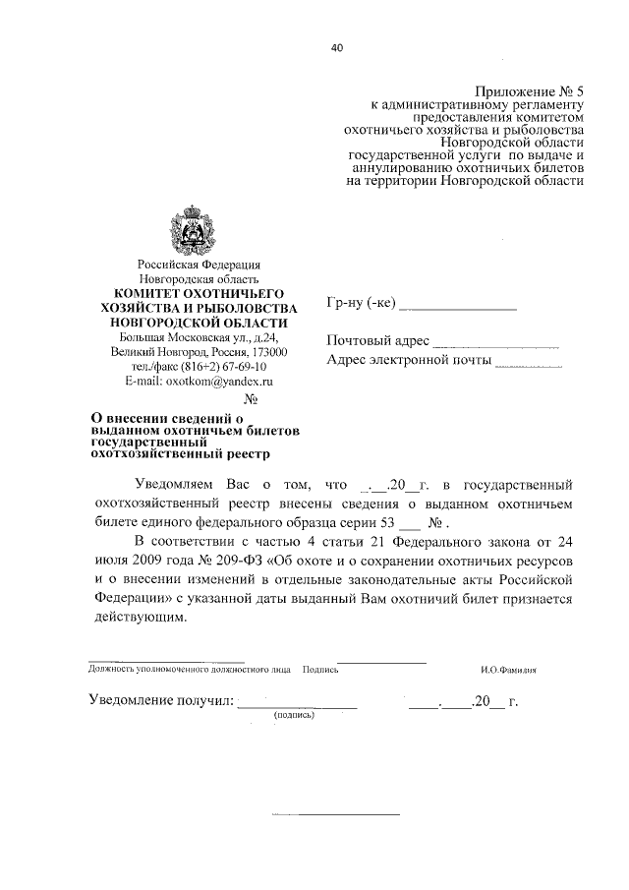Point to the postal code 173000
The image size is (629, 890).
(x=268, y=351)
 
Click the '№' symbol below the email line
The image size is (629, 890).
(x=250, y=398)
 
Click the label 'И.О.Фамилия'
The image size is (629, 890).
(x=508, y=673)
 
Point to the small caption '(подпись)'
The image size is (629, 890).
(x=293, y=715)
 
